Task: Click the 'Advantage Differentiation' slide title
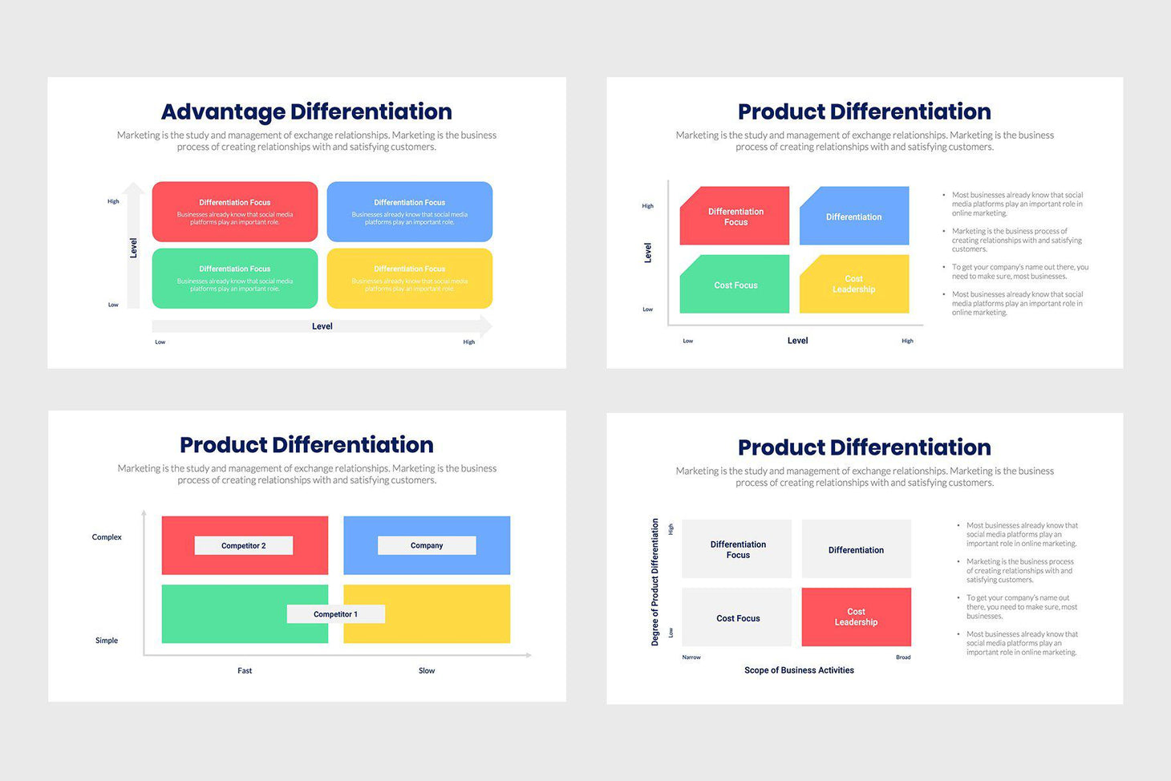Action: click(306, 111)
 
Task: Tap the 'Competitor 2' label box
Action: click(244, 545)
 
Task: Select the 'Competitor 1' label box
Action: click(336, 614)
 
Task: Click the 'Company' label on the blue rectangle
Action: click(427, 545)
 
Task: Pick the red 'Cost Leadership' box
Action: click(856, 617)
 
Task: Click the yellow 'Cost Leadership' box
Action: click(854, 284)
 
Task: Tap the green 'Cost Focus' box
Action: click(735, 285)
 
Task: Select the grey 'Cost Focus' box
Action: click(737, 617)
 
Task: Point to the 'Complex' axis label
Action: click(107, 537)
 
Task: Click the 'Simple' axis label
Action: click(107, 641)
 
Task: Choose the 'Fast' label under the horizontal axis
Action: click(245, 670)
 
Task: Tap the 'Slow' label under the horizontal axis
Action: click(427, 670)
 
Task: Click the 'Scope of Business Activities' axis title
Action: click(799, 670)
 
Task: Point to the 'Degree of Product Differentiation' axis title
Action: click(655, 582)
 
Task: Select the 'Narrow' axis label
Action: click(691, 658)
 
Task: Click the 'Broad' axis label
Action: click(903, 658)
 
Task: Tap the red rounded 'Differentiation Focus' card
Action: click(235, 212)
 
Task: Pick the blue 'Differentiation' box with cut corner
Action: click(854, 216)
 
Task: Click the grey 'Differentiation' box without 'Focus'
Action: click(856, 549)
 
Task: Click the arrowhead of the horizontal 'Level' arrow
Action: click(486, 326)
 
